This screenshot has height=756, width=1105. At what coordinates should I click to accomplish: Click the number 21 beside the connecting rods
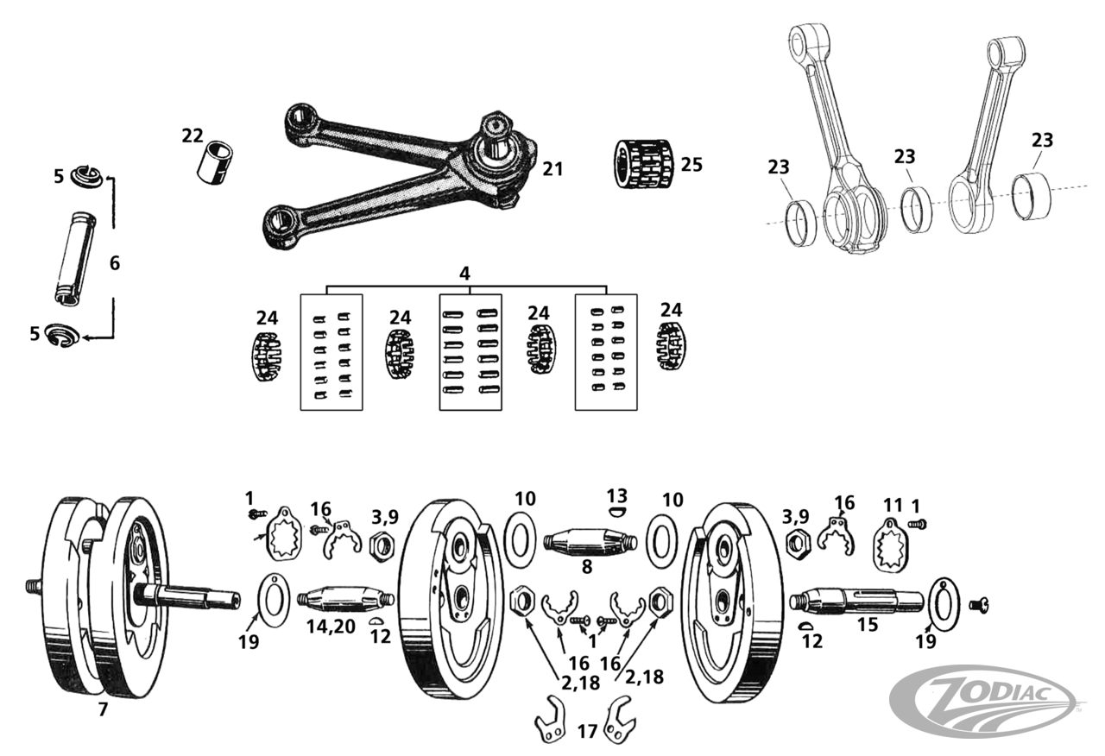[x=552, y=169]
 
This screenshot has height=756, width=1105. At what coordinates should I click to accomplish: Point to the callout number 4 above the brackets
[x=464, y=274]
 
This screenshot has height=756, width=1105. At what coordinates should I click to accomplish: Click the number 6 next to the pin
[x=115, y=264]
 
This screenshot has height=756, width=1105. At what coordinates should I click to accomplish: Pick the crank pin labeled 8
[x=590, y=544]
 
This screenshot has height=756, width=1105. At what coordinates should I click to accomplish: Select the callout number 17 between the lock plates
[x=587, y=731]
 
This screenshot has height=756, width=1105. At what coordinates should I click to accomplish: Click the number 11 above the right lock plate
[x=892, y=505]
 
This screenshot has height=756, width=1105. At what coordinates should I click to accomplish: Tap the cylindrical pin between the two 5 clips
[x=75, y=257]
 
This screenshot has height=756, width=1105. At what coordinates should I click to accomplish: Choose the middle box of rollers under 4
[x=470, y=352]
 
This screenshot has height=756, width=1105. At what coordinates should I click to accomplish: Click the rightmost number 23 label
[x=1042, y=141]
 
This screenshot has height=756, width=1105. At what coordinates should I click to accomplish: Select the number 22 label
[x=192, y=135]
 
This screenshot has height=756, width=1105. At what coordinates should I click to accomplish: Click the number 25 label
[x=691, y=164]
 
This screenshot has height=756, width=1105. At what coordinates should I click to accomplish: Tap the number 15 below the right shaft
[x=867, y=624]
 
